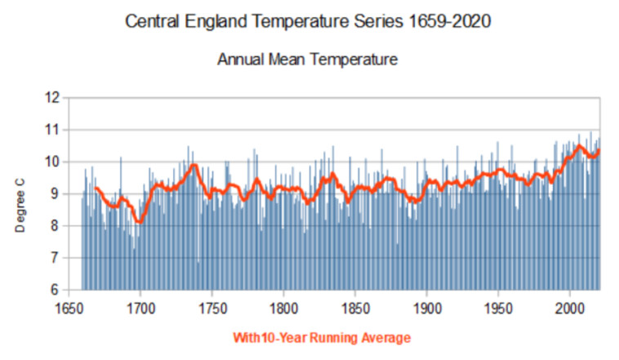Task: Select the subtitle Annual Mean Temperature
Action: click(x=307, y=60)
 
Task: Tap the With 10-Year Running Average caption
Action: click(x=322, y=337)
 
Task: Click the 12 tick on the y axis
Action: click(x=52, y=98)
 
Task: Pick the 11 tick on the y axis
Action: click(x=52, y=130)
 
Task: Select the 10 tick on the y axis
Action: click(x=52, y=162)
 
